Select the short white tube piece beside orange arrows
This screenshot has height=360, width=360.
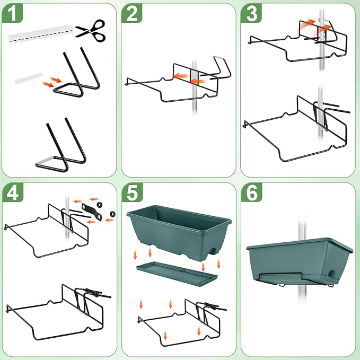(27, 80)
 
